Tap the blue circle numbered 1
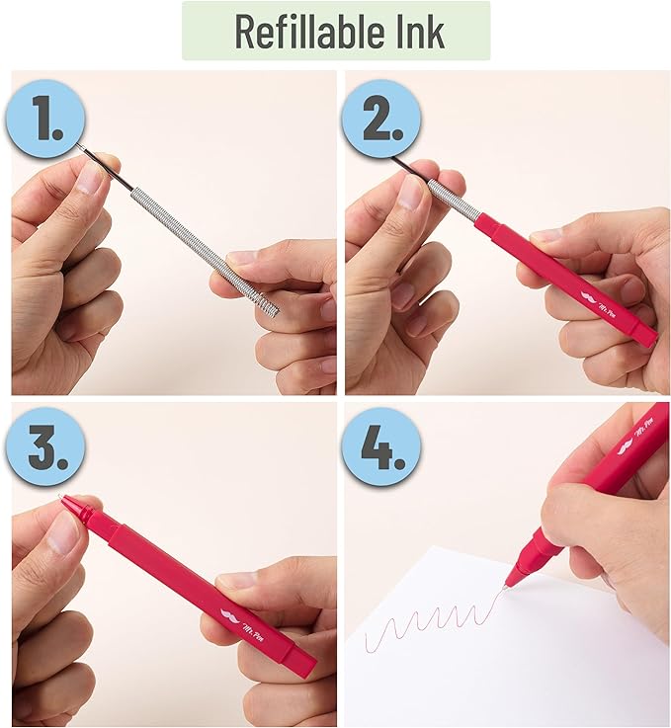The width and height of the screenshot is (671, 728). click(x=45, y=120)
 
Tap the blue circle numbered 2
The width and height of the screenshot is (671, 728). click(x=381, y=120)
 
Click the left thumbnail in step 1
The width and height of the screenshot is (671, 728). click(x=90, y=179)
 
